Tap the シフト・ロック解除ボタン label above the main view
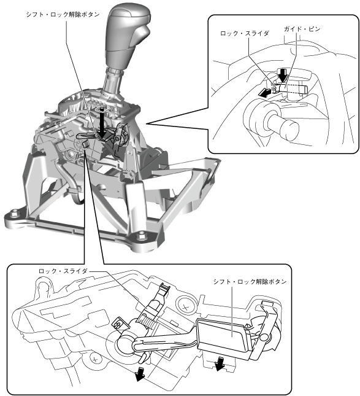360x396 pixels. (63, 15)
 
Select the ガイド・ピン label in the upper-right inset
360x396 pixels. (302, 29)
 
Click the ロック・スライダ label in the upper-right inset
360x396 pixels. (245, 33)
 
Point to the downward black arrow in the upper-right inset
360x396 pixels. (282, 75)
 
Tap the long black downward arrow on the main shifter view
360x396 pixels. (101, 123)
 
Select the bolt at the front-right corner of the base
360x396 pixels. (141, 237)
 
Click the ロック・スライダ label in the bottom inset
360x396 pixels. (63, 271)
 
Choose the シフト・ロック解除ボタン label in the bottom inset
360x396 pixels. (250, 282)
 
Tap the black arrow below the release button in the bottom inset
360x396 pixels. (220, 364)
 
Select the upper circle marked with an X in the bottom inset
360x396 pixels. (186, 308)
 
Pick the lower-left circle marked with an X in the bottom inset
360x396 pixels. (94, 359)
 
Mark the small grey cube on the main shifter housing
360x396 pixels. (85, 144)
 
